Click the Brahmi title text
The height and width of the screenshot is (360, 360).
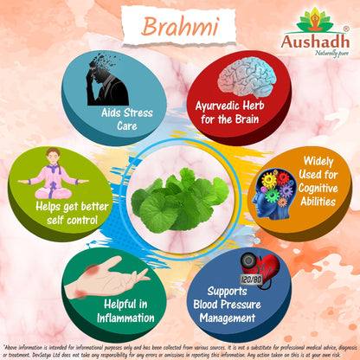[179, 26]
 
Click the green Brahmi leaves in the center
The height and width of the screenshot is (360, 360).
[179, 194]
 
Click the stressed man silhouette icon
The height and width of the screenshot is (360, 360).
[106, 83]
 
